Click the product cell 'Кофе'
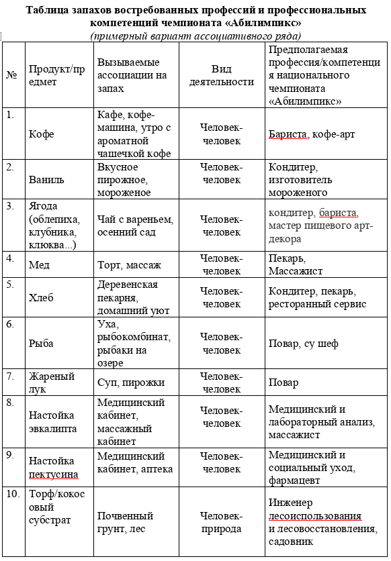coord(42,134)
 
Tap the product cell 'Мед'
coord(39,265)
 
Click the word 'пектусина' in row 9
coord(53,474)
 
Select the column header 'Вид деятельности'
coord(221,75)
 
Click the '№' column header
coord(11,75)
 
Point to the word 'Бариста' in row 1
coord(288,134)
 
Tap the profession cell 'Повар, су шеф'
coord(303,344)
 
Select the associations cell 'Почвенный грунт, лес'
coord(126,523)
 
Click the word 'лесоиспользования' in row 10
coord(314,517)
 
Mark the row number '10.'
coord(13,495)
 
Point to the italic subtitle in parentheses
coord(195,36)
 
